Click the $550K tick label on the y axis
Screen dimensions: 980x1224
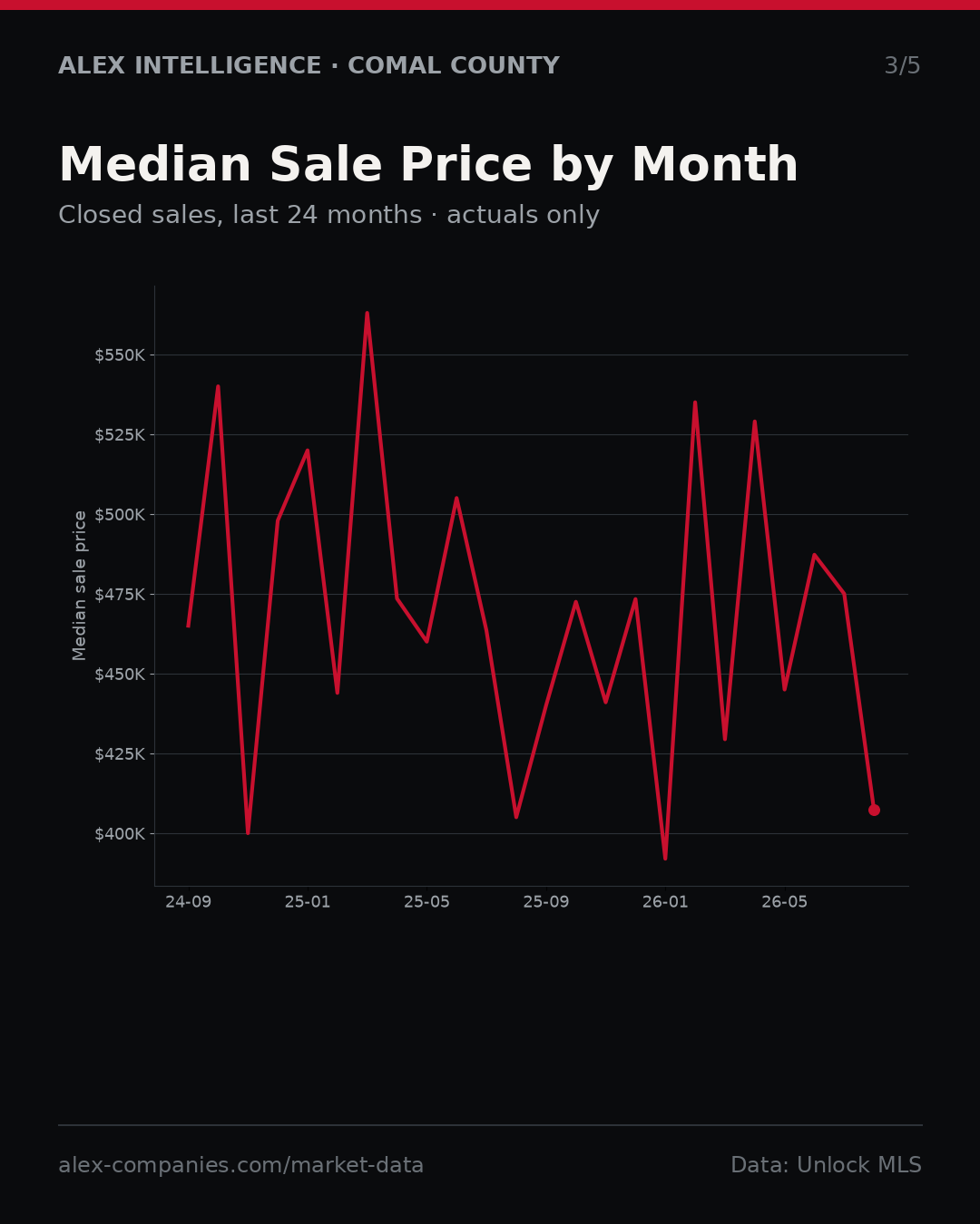[x=120, y=355]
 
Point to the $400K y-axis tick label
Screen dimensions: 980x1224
[x=120, y=834]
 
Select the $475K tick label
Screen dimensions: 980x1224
[x=120, y=595]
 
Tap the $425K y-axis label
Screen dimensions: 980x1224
[x=120, y=754]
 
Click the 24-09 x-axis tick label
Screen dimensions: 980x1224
[x=189, y=902]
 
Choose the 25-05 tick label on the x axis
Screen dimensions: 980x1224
[x=427, y=902]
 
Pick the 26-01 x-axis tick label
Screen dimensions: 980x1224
[x=666, y=902]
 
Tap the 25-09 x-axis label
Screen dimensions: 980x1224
[x=546, y=902]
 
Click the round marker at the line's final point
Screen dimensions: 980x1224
[x=874, y=810]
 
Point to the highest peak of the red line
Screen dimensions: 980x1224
[x=367, y=313]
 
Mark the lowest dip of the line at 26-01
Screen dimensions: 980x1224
[x=665, y=859]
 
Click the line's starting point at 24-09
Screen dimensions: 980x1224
[x=189, y=626]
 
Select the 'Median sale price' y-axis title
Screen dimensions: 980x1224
[x=80, y=586]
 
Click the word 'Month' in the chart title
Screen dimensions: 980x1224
[x=715, y=164]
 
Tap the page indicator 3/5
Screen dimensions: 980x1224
[x=903, y=65]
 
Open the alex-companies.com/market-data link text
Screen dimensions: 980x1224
[x=240, y=1165]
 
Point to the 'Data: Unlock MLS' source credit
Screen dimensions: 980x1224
[x=827, y=1165]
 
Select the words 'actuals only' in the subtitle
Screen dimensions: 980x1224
[x=523, y=215]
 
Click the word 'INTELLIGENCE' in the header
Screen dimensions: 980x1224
[x=228, y=65]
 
